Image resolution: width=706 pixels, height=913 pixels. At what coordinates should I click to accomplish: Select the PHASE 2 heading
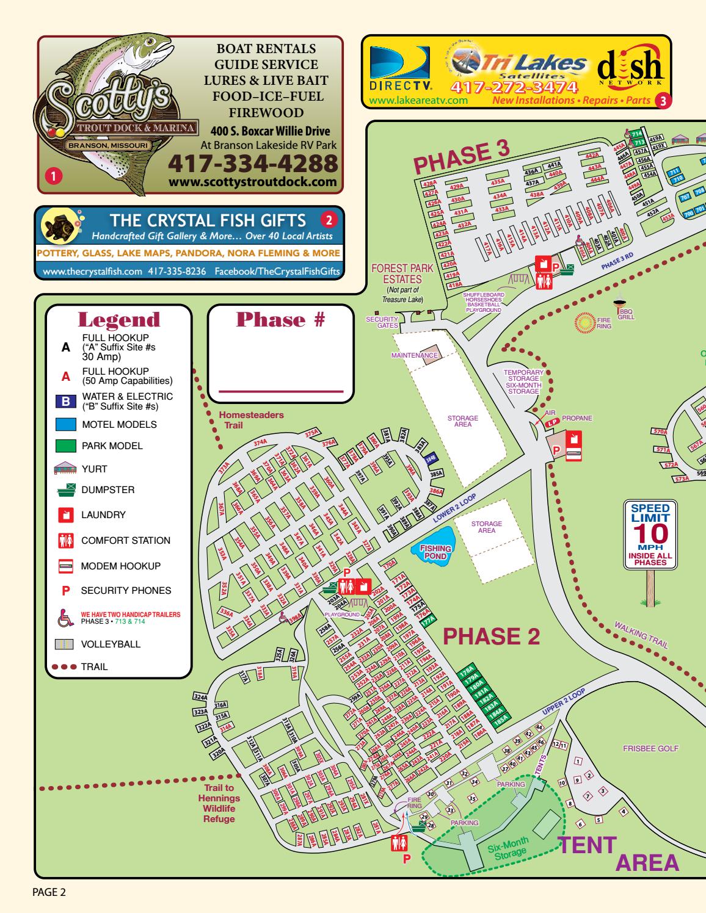(491, 636)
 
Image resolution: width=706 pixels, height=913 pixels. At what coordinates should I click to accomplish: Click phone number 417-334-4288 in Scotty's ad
(252, 164)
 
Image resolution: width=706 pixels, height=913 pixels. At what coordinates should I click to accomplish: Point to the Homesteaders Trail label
(251, 419)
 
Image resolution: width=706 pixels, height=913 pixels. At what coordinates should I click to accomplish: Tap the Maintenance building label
(415, 355)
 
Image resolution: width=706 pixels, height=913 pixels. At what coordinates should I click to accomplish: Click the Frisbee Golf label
(650, 748)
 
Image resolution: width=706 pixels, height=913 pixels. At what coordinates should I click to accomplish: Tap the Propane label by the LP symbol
(577, 419)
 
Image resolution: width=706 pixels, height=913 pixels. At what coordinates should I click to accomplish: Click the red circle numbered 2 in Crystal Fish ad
(328, 218)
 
